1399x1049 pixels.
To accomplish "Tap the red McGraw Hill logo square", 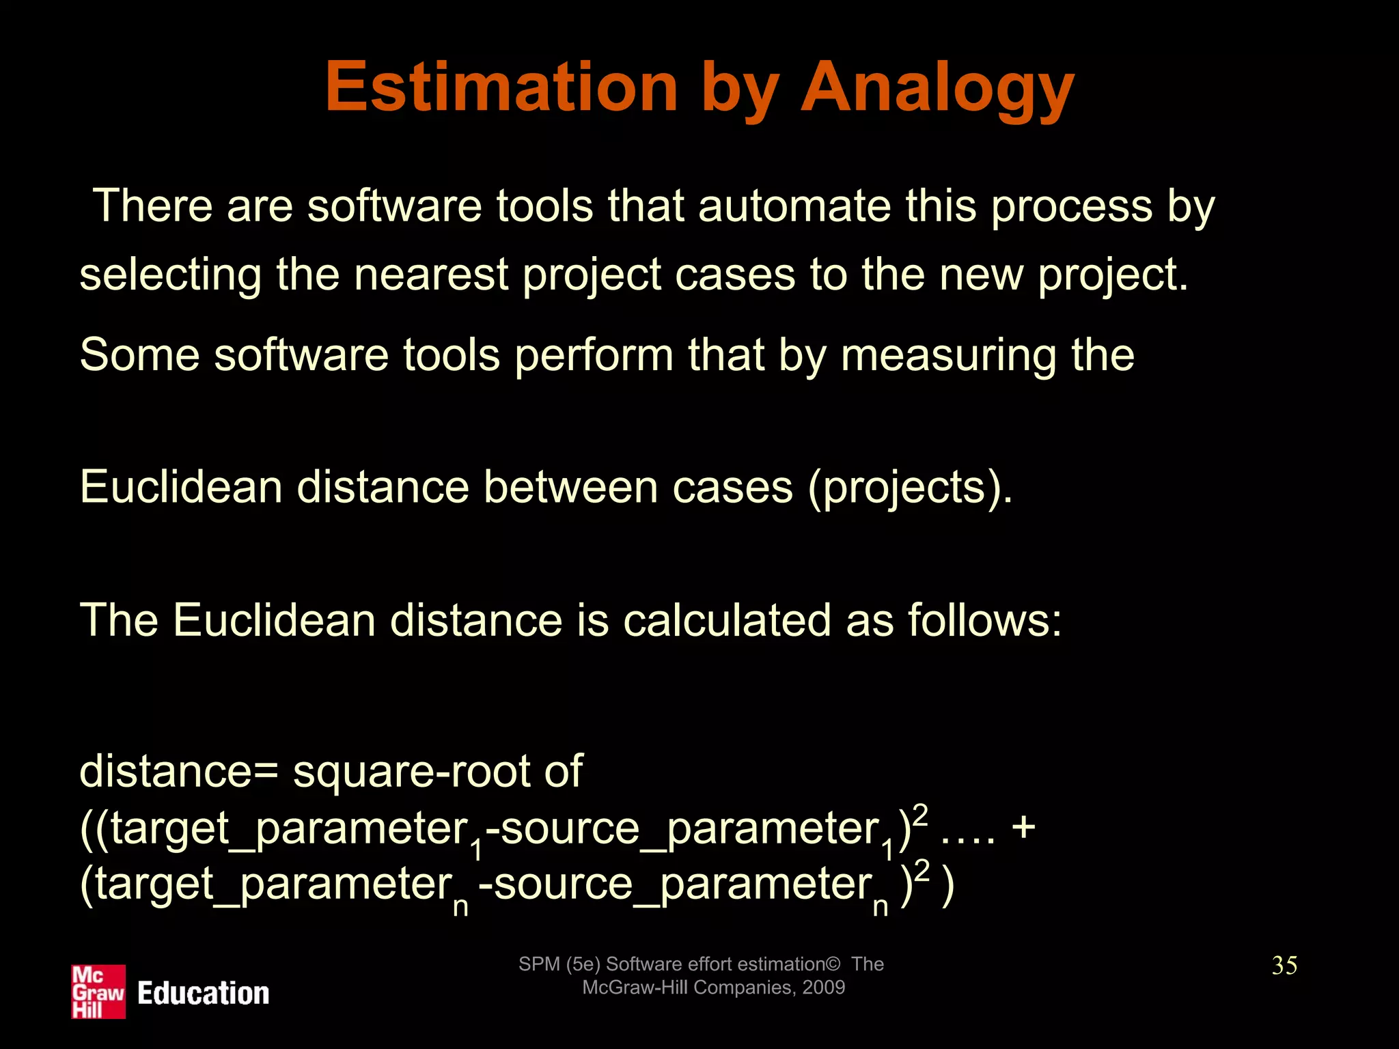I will (x=98, y=992).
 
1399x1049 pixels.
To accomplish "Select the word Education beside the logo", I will (x=204, y=994).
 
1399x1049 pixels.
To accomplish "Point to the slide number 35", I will (x=1284, y=966).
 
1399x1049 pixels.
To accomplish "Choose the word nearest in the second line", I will (x=432, y=275).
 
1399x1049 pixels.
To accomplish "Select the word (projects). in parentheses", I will (x=910, y=488).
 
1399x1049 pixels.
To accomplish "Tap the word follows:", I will (x=985, y=620).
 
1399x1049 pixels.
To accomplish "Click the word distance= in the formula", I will (x=179, y=772).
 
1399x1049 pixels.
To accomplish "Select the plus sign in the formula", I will (x=1024, y=828).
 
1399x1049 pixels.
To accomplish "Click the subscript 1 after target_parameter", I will (x=476, y=850).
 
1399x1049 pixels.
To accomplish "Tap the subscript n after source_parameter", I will (x=881, y=906).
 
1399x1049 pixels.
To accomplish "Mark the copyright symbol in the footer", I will (x=833, y=964).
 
